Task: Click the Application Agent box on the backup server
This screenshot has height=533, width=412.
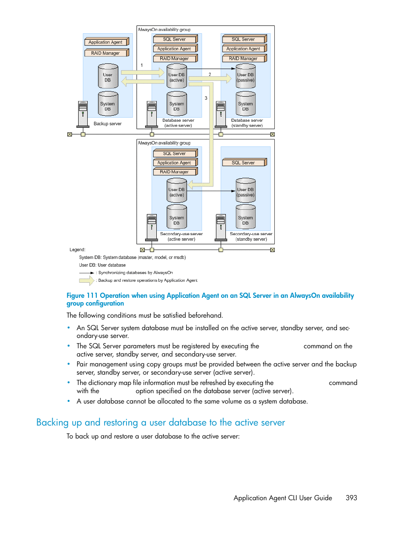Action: tap(107, 42)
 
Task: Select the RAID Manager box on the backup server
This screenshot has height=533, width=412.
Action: tap(107, 53)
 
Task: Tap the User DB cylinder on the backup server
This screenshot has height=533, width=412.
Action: tap(108, 76)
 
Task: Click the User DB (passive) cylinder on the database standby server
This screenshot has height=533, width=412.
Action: tap(246, 76)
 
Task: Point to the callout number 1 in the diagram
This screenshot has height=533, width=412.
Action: tap(142, 65)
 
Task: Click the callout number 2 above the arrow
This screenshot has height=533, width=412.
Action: tap(210, 74)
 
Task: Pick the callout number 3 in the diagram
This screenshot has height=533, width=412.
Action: tap(206, 98)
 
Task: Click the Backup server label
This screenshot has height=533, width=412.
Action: tap(108, 123)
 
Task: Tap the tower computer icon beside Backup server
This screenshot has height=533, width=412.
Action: tap(83, 114)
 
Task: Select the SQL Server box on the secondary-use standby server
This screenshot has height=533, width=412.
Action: tap(244, 162)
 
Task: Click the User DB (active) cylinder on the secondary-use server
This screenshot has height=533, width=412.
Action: tap(177, 190)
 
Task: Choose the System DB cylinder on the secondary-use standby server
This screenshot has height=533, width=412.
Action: tap(246, 217)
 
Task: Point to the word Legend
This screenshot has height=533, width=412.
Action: tap(78, 250)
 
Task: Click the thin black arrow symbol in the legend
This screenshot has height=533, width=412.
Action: tap(87, 273)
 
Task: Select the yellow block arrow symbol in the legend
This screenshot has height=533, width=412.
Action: tap(87, 281)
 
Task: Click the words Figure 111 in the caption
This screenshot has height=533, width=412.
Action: tap(82, 296)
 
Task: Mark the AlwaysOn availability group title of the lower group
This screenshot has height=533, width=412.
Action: tap(164, 143)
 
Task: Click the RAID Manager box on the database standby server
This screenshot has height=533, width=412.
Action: tap(244, 58)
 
